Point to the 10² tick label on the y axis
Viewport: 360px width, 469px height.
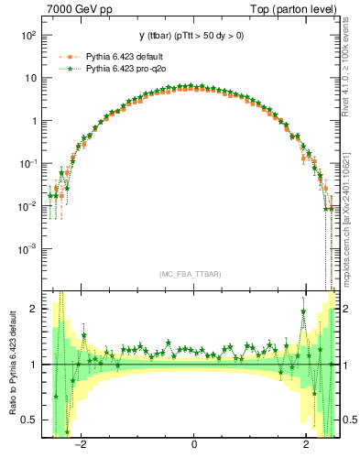point(27,35)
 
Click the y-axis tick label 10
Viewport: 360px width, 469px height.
point(29,78)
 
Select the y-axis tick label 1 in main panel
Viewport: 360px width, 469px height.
point(34,121)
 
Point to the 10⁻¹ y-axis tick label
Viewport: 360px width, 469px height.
point(27,163)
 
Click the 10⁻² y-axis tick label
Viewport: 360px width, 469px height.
point(27,206)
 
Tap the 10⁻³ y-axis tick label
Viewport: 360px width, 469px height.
point(27,248)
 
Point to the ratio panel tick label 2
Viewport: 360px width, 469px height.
point(34,309)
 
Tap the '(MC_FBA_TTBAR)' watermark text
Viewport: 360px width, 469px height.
point(193,274)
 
